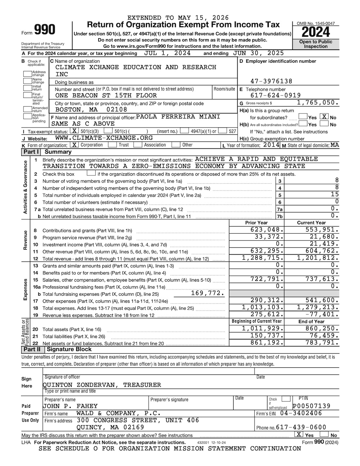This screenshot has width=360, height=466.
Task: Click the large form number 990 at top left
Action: click(x=45, y=30)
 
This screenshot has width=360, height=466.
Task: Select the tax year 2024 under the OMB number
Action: click(x=315, y=32)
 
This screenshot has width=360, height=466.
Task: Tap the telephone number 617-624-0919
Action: click(x=276, y=95)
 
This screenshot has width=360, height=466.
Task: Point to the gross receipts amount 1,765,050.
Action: click(x=318, y=103)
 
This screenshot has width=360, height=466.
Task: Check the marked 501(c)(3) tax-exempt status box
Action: click(x=75, y=131)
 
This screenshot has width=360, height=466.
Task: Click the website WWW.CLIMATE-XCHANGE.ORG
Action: click(x=104, y=138)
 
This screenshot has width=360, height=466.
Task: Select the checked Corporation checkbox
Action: click(x=74, y=145)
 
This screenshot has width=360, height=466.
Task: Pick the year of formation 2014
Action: click(x=271, y=145)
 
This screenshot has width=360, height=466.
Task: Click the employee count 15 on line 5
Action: click(x=335, y=195)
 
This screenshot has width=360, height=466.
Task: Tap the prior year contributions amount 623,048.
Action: click(x=265, y=230)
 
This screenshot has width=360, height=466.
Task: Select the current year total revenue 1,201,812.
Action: click(x=318, y=258)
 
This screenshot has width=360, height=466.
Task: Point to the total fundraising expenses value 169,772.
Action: click(x=208, y=294)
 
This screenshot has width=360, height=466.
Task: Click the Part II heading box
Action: click(x=32, y=349)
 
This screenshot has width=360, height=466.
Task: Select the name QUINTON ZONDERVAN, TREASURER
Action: click(x=102, y=385)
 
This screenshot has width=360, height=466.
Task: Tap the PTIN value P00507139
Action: click(x=311, y=406)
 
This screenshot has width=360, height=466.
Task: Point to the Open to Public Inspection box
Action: click(x=315, y=44)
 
